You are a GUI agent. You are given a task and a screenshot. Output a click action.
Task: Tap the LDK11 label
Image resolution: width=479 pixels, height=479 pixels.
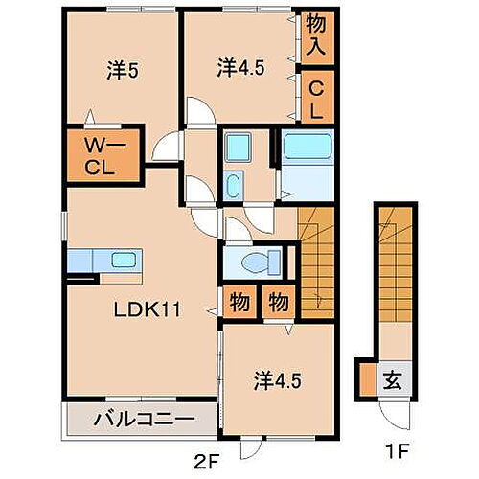pyautogui.click(x=144, y=310)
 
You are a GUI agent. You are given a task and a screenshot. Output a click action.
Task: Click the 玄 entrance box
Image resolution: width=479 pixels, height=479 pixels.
pyautogui.click(x=393, y=376)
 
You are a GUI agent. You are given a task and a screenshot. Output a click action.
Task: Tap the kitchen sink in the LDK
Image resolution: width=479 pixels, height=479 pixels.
pyautogui.click(x=123, y=259)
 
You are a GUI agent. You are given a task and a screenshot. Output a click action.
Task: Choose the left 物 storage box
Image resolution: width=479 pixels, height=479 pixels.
pyautogui.click(x=238, y=303)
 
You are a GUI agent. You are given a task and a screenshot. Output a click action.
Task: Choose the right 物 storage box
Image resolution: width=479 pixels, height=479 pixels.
pyautogui.click(x=277, y=303)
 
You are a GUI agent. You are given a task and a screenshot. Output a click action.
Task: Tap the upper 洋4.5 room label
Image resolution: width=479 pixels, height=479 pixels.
pyautogui.click(x=239, y=67)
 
